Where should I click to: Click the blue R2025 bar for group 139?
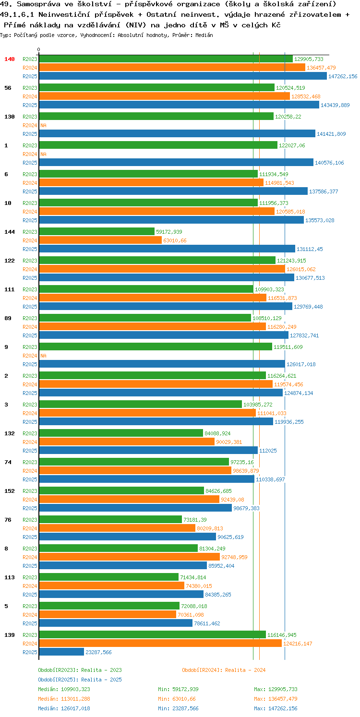pyautogui.click(x=61, y=652)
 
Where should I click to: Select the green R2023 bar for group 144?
pyautogui.click(x=97, y=231)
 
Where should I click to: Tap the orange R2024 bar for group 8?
pyautogui.click(x=130, y=557)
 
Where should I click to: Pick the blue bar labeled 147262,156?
pyautogui.click(x=183, y=76)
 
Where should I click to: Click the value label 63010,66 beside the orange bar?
pyautogui.click(x=175, y=240)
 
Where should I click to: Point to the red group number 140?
pyautogui.click(x=10, y=59)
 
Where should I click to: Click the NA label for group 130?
pyautogui.click(x=43, y=125)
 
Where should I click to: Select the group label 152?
pyautogui.click(x=10, y=490)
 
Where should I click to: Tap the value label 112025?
pyautogui.click(x=268, y=450)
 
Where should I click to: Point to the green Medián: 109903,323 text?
pyautogui.click(x=64, y=689)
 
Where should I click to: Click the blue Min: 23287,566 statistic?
pyautogui.click(x=178, y=708)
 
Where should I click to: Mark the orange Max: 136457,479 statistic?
pyautogui.click(x=276, y=699)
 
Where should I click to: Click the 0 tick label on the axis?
pyautogui.click(x=39, y=49)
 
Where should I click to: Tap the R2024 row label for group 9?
pyautogui.click(x=30, y=356)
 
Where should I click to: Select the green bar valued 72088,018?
pyautogui.click(x=109, y=606)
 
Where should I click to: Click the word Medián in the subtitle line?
pyautogui.click(x=204, y=35)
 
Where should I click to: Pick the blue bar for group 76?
pyautogui.click(x=128, y=537)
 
